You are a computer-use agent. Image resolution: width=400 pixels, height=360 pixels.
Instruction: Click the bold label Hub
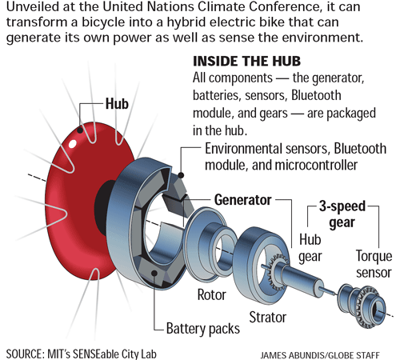117,103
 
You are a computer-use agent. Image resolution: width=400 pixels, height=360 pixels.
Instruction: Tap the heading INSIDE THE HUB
246,61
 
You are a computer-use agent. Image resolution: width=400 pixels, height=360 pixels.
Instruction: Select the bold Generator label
242,200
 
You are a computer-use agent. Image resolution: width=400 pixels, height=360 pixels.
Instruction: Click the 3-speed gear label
342,214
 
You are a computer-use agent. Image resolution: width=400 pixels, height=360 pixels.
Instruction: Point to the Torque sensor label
374,264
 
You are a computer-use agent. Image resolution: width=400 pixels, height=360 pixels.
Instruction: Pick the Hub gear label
310,247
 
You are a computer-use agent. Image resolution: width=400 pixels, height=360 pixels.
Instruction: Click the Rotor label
211,294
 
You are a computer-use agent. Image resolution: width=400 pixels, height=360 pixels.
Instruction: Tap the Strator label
267,318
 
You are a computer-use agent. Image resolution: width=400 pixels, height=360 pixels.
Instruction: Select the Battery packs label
203,329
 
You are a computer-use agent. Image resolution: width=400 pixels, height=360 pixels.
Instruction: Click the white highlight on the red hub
73,143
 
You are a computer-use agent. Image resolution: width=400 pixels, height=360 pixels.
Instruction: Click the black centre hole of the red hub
102,207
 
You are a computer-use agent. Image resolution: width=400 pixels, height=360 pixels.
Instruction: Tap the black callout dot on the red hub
80,130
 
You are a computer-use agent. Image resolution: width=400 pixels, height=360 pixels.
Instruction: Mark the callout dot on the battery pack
154,273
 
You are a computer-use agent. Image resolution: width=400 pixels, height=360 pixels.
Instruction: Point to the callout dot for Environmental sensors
181,175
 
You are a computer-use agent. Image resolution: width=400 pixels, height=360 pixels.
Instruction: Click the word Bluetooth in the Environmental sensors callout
360,149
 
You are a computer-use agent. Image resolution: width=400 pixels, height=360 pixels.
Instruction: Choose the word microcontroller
316,165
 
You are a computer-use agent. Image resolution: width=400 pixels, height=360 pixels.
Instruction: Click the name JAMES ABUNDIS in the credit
292,355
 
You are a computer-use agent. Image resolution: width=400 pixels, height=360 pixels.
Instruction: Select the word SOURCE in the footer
25,354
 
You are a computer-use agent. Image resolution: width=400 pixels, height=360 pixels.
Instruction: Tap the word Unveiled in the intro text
34,7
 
